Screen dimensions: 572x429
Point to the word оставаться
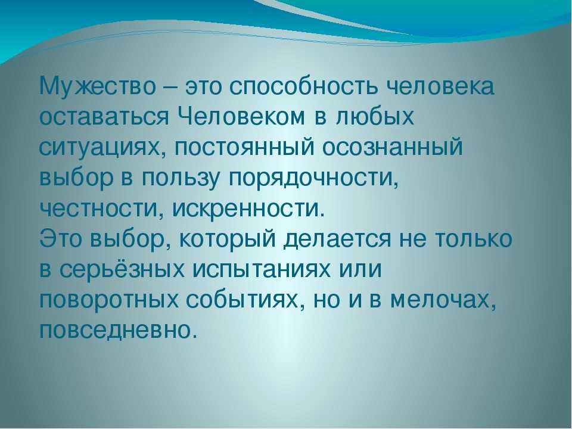pyautogui.click(x=104, y=117)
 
